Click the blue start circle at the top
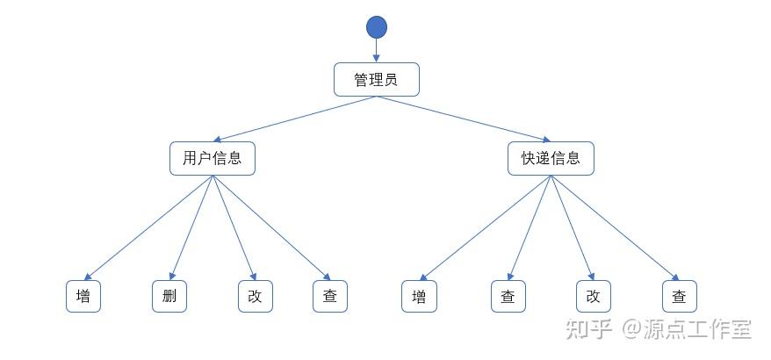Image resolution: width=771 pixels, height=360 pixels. pos(377,27)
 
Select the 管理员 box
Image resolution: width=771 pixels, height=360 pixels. pos(377,80)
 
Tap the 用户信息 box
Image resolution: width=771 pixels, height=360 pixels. pos(213,158)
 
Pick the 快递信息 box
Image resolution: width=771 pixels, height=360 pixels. pos(551,158)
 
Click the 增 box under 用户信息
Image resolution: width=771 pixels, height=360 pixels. pos(83,296)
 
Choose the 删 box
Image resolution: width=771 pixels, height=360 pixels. pos(169,296)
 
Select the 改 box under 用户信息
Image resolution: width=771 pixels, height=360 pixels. pos(255,296)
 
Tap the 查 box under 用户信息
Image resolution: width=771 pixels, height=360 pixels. pos(330,296)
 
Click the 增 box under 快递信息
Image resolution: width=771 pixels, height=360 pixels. pos(419,296)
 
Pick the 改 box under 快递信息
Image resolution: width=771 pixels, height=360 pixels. pos(593,296)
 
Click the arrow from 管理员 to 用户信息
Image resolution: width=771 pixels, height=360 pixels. pos(295,119)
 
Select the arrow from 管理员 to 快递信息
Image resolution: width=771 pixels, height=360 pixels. pos(464,119)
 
